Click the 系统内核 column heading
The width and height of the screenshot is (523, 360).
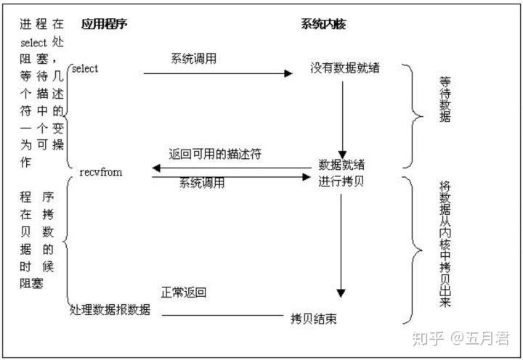click(323, 24)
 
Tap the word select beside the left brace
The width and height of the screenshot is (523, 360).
click(86, 69)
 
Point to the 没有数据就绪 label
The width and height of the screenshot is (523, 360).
click(345, 69)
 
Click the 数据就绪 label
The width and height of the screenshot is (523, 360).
click(341, 163)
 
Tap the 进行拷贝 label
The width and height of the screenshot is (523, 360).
click(341, 180)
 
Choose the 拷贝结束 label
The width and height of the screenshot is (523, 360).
click(313, 318)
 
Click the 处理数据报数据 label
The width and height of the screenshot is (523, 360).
click(110, 310)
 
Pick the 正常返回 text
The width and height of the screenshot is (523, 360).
click(184, 293)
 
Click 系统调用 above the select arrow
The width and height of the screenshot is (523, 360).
click(193, 58)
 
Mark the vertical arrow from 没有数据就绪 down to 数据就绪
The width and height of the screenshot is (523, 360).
click(341, 116)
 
